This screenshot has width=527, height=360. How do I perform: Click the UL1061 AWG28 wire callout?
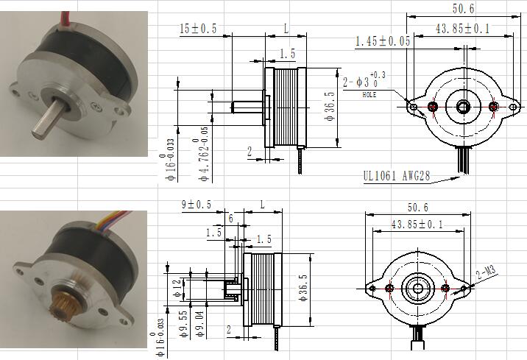click(x=396, y=176)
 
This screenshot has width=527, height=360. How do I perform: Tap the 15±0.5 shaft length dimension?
click(x=198, y=29)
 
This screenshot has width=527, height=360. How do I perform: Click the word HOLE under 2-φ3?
click(x=369, y=95)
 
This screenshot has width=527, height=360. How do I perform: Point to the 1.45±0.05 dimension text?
click(x=383, y=41)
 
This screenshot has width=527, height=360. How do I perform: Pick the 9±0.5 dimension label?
click(x=197, y=204)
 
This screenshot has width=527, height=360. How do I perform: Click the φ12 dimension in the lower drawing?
click(x=178, y=289)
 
